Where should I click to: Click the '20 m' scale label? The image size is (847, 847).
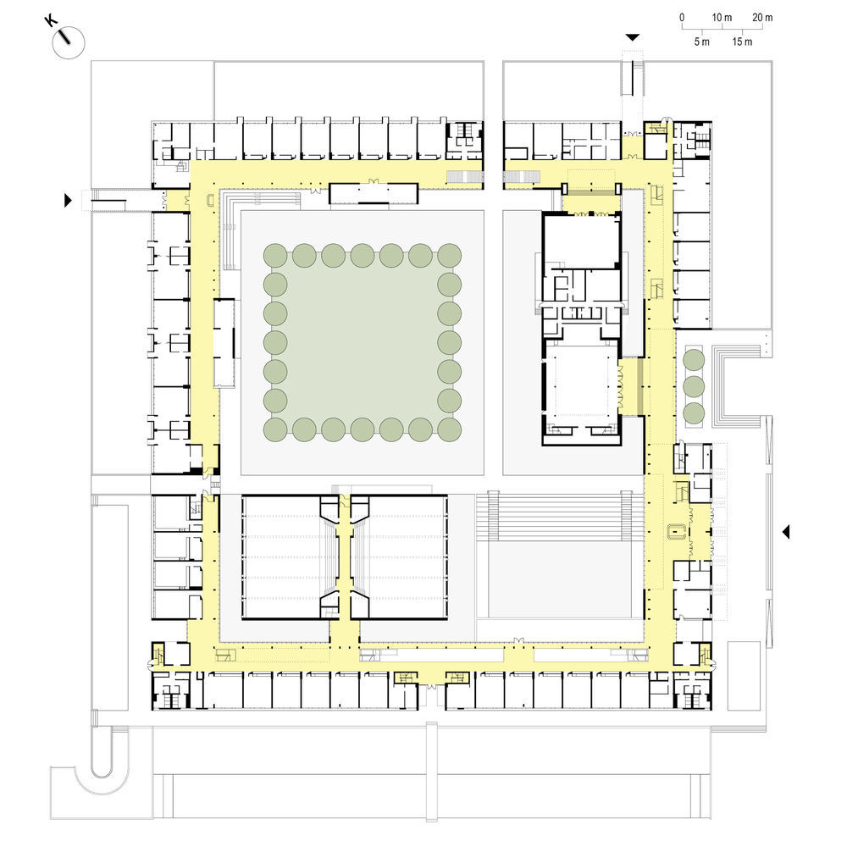click(762, 17)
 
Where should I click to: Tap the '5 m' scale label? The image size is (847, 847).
click(701, 42)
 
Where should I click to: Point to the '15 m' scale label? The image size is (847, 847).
click(742, 42)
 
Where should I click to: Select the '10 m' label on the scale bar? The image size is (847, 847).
click(722, 17)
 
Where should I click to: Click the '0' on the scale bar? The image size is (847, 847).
click(682, 17)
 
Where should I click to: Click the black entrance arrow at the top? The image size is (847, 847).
click(633, 37)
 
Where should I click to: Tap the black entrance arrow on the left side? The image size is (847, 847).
click(68, 200)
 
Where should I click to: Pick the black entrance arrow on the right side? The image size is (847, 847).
click(786, 532)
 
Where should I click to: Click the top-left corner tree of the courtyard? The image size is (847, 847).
click(275, 255)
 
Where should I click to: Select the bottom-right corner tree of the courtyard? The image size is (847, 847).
click(450, 429)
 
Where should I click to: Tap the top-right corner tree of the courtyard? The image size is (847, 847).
click(450, 255)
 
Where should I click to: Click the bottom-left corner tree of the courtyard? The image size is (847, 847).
click(275, 429)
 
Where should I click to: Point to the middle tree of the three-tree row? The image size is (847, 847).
click(694, 387)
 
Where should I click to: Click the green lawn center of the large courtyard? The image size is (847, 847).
click(363, 342)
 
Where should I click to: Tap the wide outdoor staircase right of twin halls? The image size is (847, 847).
click(560, 516)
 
